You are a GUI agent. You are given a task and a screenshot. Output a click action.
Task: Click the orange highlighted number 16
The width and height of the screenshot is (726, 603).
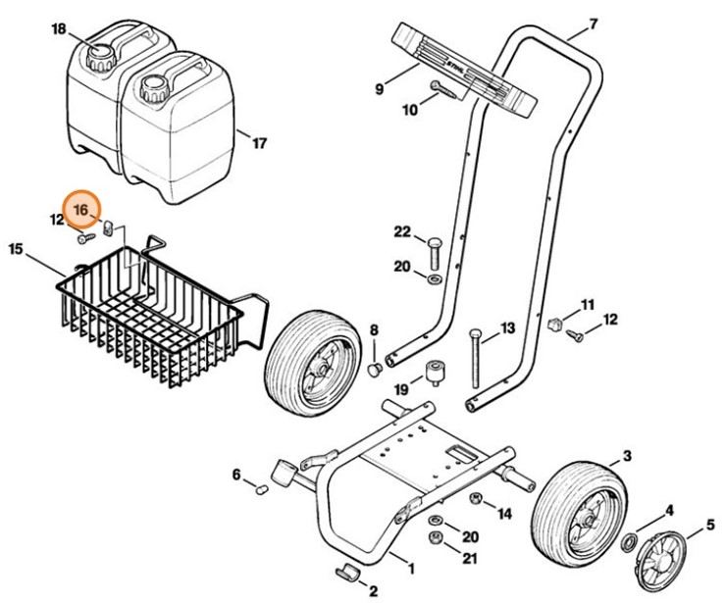click(81, 209)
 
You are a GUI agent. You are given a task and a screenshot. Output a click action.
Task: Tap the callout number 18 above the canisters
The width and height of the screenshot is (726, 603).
click(60, 30)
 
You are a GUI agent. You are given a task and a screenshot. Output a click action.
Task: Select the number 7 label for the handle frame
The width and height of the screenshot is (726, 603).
click(592, 23)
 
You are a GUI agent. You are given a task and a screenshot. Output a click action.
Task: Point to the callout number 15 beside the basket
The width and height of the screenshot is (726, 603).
click(16, 249)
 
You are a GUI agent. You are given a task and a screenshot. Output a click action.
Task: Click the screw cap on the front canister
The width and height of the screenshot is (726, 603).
click(153, 91)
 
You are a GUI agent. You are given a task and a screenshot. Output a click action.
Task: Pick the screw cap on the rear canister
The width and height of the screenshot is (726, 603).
click(99, 56)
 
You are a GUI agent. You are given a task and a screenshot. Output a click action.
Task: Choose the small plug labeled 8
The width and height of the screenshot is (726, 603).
click(374, 369)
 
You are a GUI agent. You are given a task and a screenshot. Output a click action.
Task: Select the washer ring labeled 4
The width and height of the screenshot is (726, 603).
click(629, 542)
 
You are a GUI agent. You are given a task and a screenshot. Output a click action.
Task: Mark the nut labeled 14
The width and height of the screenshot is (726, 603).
click(474, 499)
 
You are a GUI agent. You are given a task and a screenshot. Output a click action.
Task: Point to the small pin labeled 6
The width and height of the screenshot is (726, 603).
click(261, 488)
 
